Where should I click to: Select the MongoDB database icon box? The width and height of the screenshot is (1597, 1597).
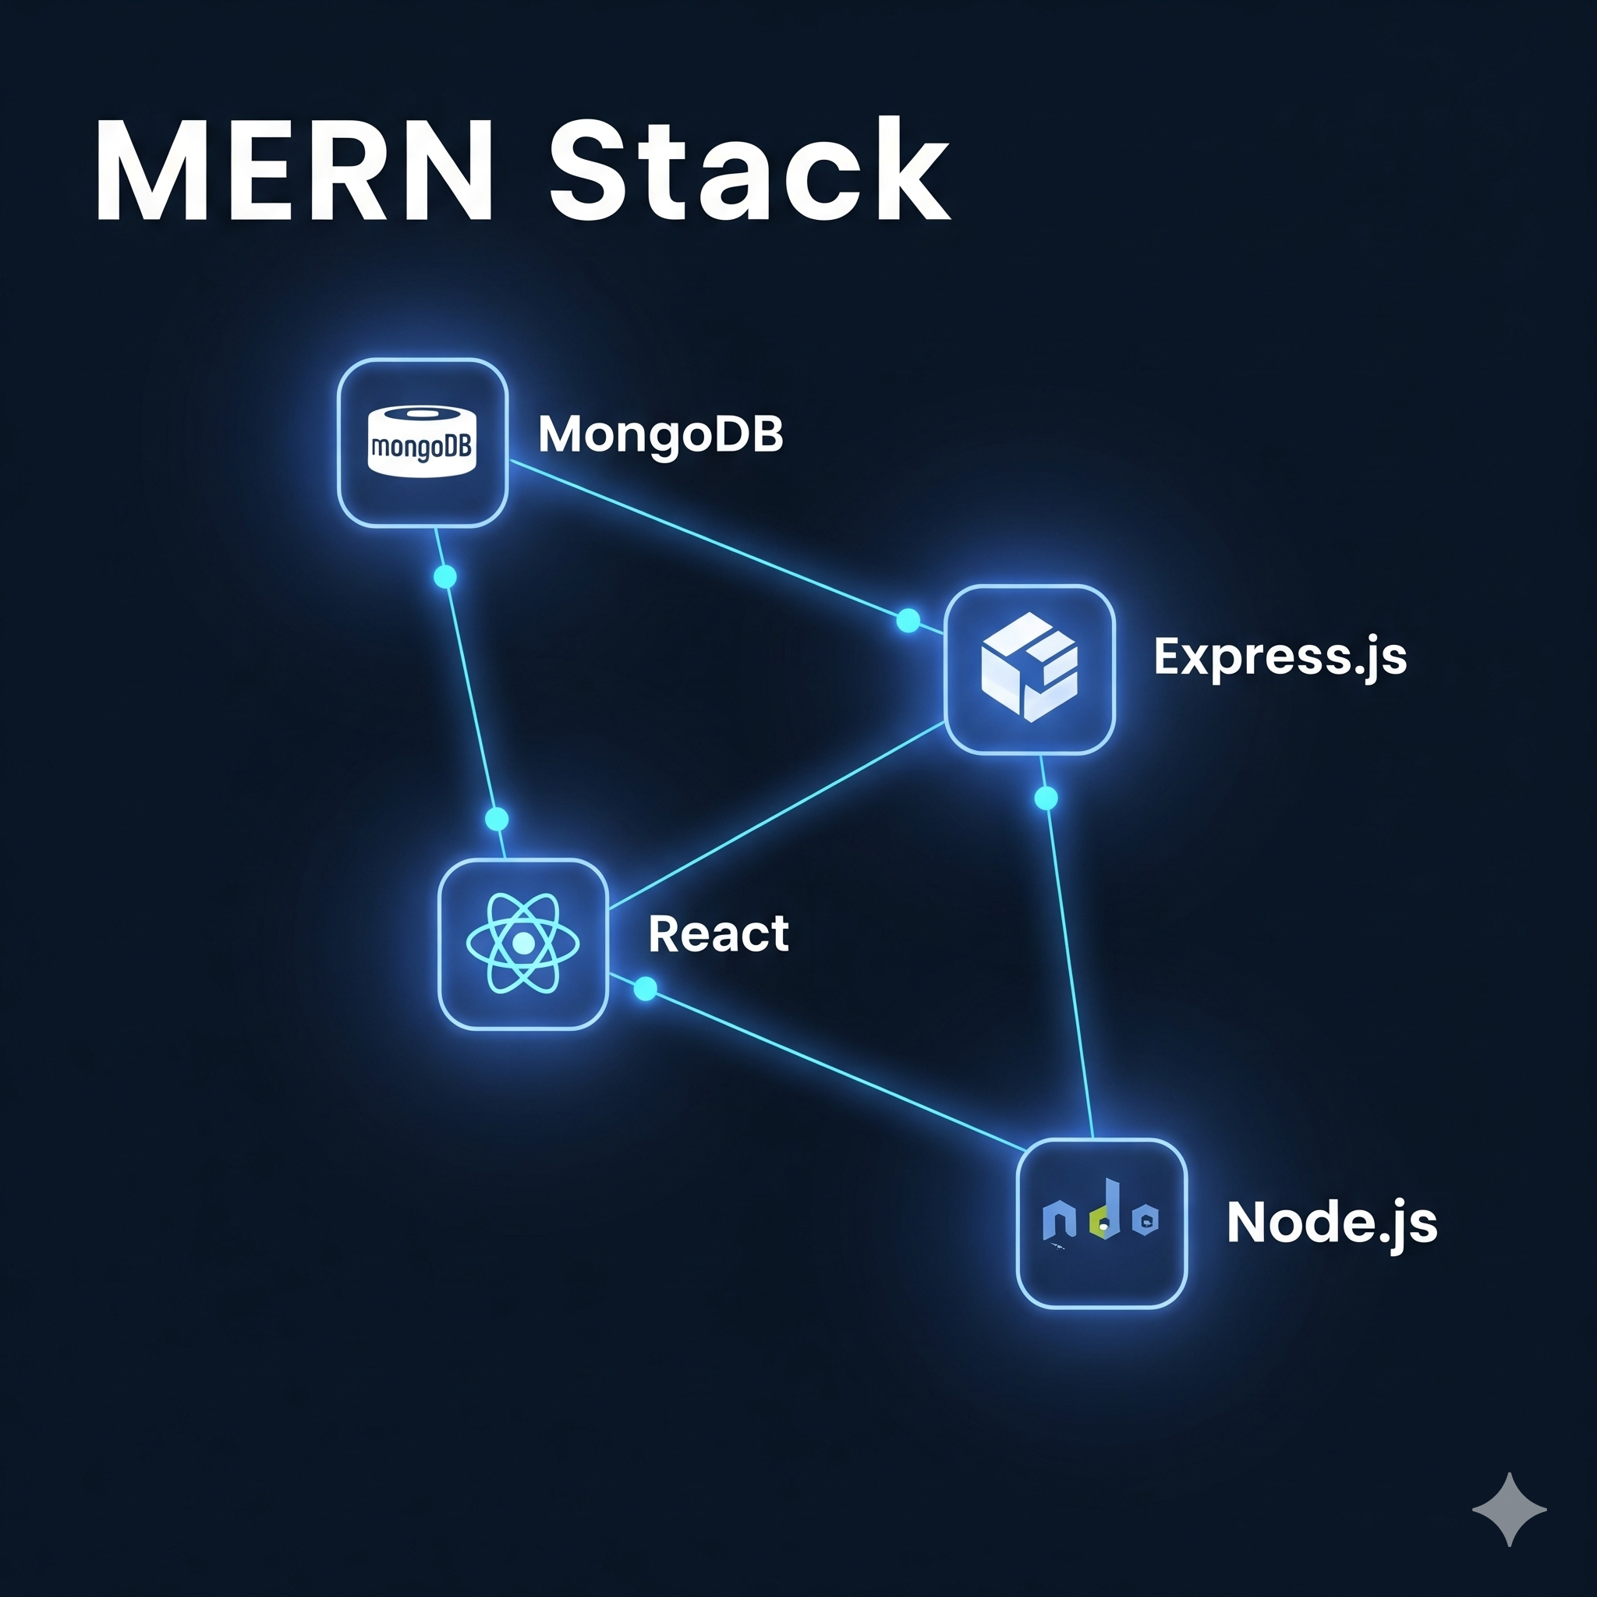[423, 443]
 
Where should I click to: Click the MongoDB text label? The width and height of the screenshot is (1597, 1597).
[660, 434]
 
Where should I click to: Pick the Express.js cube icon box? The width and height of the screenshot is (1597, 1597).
[1029, 670]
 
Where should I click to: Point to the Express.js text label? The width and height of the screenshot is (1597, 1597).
[1280, 657]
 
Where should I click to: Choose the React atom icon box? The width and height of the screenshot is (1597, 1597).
[523, 944]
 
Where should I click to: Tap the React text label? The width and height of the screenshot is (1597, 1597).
[718, 934]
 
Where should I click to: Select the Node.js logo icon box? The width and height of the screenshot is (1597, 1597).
[1102, 1223]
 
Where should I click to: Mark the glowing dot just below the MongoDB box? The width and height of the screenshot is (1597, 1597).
[444, 576]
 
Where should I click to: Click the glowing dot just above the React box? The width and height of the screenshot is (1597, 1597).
[497, 820]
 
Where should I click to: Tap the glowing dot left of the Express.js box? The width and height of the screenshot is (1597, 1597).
[908, 621]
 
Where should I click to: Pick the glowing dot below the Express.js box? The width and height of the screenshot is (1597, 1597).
[1046, 798]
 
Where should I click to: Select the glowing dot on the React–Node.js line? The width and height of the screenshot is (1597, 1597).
[646, 989]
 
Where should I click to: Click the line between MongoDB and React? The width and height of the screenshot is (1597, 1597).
[471, 699]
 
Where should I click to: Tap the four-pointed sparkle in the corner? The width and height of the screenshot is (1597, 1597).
[1510, 1510]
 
